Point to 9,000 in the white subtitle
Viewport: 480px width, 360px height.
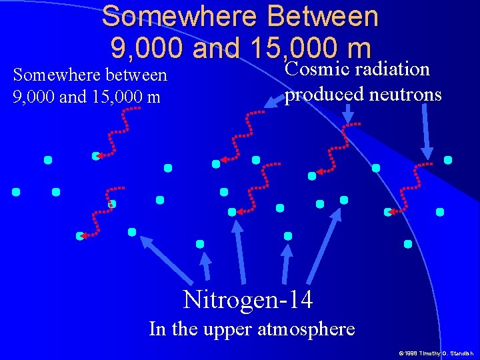(x=33, y=97)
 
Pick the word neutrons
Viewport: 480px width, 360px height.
(x=408, y=95)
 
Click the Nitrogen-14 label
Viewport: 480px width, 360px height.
(x=247, y=299)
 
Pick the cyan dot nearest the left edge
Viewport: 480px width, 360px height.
(x=15, y=192)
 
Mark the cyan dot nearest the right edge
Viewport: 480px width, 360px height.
(x=448, y=160)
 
